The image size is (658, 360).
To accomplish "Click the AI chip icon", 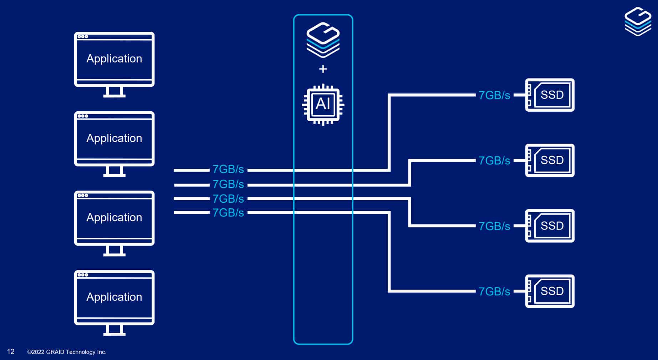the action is coord(323,104).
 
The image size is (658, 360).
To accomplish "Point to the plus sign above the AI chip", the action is coord(323,69).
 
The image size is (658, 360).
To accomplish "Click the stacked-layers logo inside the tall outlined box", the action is coord(323,40).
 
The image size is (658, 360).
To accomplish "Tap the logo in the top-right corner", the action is coord(638,21).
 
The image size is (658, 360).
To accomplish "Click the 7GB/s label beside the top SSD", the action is coord(494,95).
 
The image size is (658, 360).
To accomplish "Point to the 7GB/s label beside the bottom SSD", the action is coord(494,291).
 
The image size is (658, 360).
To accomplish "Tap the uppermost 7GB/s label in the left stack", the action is coord(228,169).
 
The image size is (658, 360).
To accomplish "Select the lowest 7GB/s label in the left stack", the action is coord(228,213).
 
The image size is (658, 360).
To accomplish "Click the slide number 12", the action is coord(11,351).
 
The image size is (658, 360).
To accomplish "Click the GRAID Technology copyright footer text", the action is coord(67,352).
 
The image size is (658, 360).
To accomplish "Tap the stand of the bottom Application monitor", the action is coord(114,330).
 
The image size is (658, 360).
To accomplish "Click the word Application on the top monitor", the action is coord(114,59).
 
